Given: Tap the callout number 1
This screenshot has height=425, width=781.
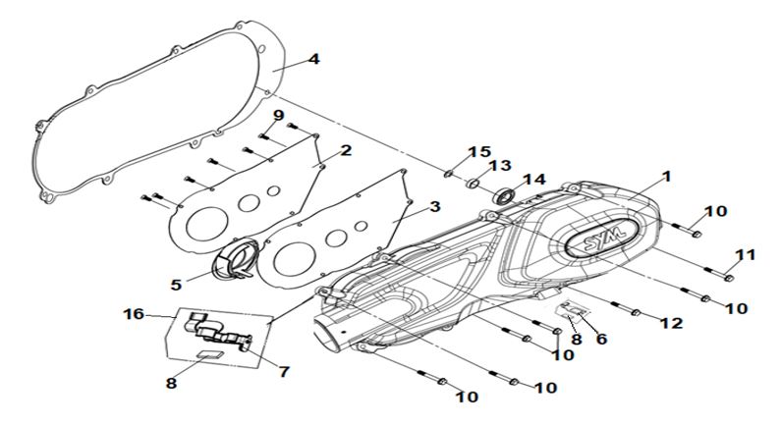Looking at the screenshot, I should tap(665, 177).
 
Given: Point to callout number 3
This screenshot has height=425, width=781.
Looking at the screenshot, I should tap(433, 209).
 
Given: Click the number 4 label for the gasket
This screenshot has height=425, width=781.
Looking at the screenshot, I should tap(312, 59).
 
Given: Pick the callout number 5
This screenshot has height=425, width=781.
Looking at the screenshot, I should tap(176, 285).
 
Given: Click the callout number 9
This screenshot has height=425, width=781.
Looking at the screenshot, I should tap(278, 115).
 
